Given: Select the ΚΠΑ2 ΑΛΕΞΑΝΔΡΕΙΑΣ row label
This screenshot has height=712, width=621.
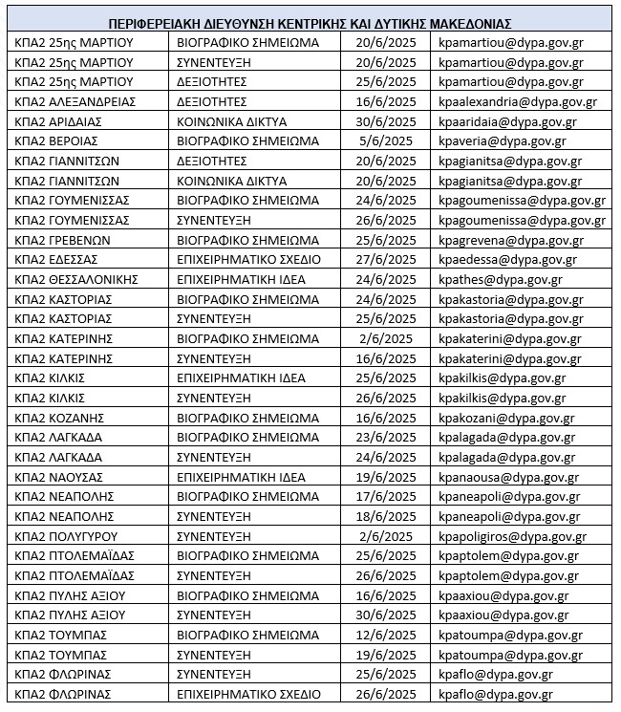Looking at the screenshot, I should (x=76, y=102).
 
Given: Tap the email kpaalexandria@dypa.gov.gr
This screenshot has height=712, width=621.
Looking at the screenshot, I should (x=517, y=102).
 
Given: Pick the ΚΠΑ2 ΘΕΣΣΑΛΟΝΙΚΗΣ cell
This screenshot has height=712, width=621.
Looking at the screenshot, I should (x=77, y=279).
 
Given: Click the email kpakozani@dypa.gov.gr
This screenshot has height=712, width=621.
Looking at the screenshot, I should (x=505, y=418).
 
